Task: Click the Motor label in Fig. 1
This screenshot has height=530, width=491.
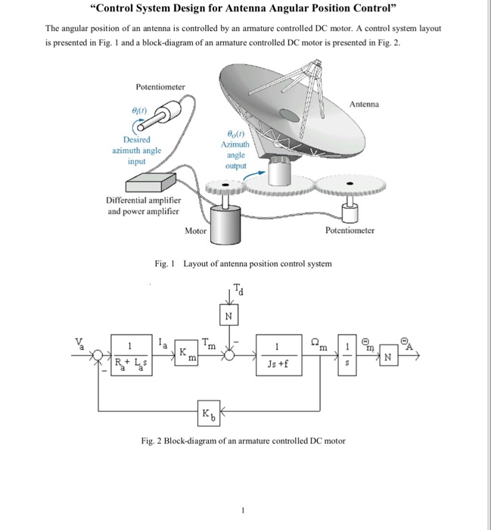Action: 195,230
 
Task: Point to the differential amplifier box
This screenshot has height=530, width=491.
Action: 151,182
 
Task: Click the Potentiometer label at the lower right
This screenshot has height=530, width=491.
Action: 350,230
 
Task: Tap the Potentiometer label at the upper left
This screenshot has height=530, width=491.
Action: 160,87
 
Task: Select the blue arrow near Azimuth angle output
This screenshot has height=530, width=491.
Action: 256,173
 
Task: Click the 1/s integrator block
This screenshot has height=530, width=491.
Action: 346,356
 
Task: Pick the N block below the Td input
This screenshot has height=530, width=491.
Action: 228,313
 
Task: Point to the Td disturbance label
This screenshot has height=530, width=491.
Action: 239,288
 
